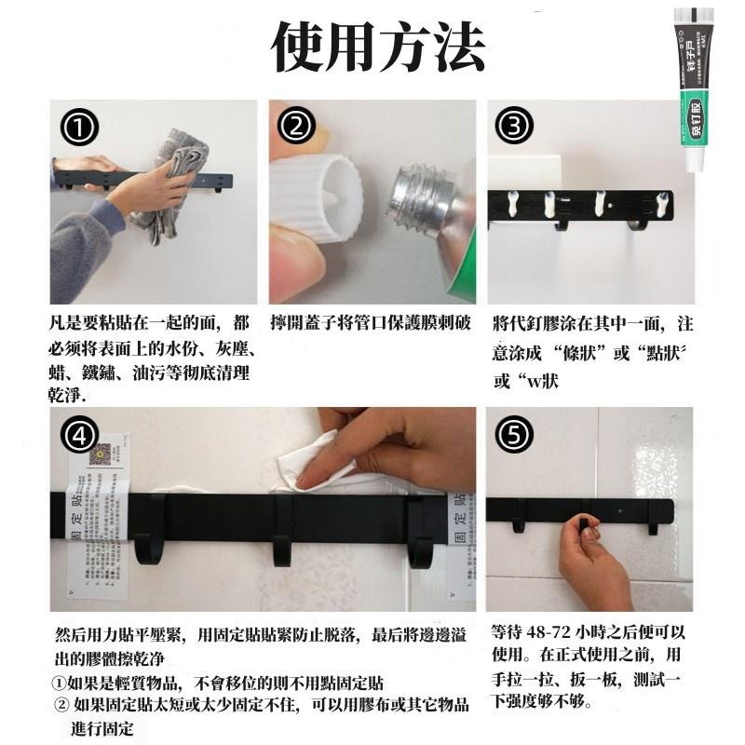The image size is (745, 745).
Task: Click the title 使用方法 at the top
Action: click(x=377, y=46)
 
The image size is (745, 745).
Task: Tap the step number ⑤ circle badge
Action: click(x=514, y=434)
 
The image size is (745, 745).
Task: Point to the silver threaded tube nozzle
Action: click(x=424, y=200)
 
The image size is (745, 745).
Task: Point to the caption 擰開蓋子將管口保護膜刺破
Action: click(x=371, y=324)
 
